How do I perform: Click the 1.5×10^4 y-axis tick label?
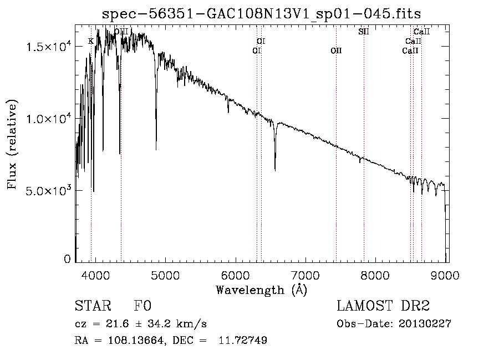click(x=49, y=47)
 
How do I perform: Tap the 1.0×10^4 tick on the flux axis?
click(x=49, y=119)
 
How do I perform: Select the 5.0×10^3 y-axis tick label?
click(x=49, y=190)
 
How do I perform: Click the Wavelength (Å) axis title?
click(x=261, y=290)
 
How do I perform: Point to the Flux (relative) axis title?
click(x=12, y=144)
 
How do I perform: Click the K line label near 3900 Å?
click(x=91, y=42)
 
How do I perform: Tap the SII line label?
click(x=363, y=32)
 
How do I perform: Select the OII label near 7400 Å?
click(x=336, y=50)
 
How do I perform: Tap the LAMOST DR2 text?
click(x=383, y=307)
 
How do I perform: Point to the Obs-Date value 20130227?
click(x=425, y=324)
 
